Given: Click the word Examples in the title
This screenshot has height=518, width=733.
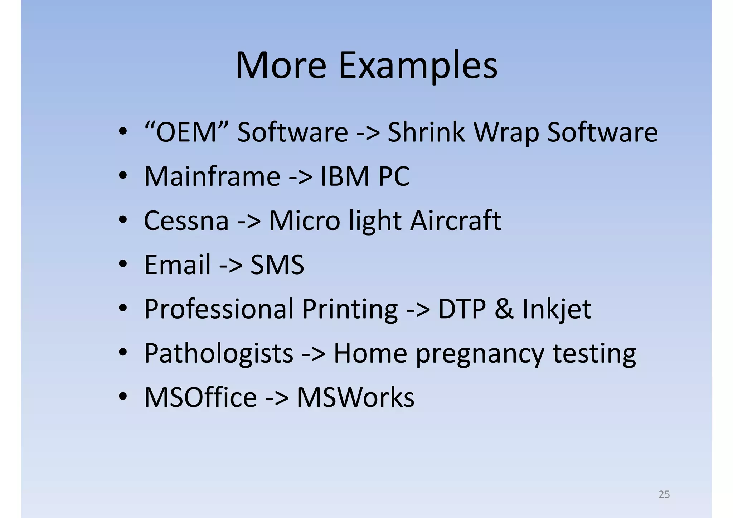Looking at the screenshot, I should coord(418,66).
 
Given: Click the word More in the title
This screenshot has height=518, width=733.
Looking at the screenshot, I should coord(281,66).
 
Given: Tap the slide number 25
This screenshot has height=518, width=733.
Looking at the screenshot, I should coord(664,494).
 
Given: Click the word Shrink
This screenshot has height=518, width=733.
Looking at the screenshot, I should coord(426,132).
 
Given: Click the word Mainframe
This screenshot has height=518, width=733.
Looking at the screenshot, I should coord(212,176).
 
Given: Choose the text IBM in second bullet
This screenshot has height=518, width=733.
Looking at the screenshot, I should coord(345,176).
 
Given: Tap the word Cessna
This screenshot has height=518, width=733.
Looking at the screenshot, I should coord(186,221).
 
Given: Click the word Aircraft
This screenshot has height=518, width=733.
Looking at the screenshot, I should coord(455,221).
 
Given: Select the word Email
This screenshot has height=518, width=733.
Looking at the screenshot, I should coord(177,265).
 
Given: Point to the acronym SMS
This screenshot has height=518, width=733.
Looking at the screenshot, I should coord(277,265).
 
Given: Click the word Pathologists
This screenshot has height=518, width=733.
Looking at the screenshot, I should coord(219,354).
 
